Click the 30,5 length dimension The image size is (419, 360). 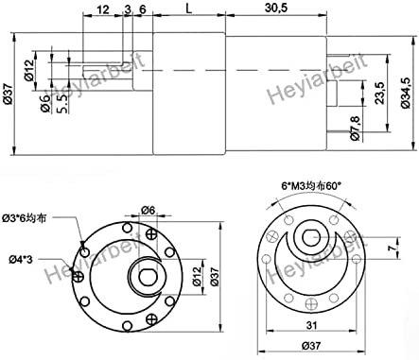point(276,8)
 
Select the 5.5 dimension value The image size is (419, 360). point(62,103)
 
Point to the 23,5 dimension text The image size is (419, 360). point(379,94)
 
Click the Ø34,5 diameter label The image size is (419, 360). point(406,93)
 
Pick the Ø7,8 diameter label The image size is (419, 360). point(356,128)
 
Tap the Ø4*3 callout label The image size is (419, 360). point(21,260)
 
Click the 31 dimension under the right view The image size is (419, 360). point(311,325)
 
